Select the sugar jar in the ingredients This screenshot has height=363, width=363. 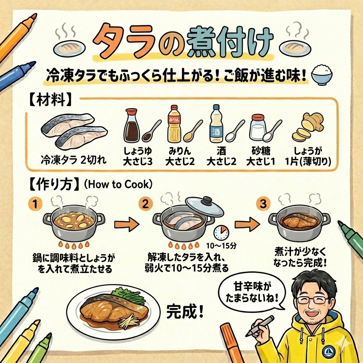(257, 128)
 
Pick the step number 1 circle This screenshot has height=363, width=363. (35, 204)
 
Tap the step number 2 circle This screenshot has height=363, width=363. (145, 204)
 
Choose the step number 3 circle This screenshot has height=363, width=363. (263, 204)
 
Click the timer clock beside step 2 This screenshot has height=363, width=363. (221, 233)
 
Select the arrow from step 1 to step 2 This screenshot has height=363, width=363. (127, 224)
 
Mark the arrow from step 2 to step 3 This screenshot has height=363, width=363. (247, 224)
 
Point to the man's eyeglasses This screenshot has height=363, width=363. (313, 300)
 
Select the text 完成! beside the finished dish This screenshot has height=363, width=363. (185, 311)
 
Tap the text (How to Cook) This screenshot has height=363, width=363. (118, 184)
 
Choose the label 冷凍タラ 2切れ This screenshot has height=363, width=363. (74, 160)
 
